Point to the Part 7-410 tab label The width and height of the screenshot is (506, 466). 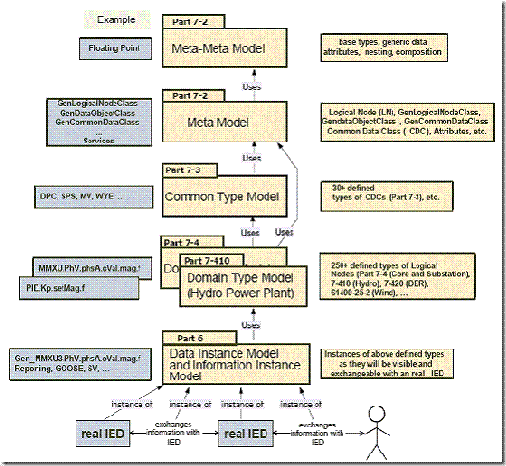[x=206, y=260]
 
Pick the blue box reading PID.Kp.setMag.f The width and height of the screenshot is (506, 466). [x=71, y=286]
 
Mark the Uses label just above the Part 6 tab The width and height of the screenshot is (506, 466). [x=251, y=325]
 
